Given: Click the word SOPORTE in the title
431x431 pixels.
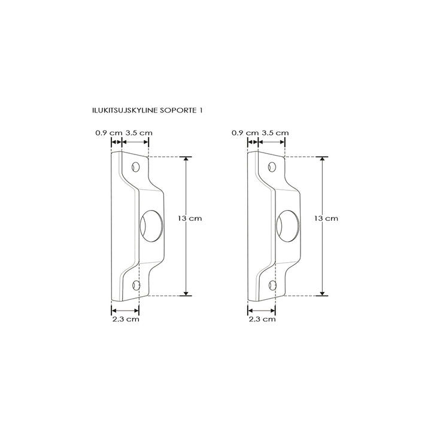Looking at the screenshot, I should (x=177, y=111).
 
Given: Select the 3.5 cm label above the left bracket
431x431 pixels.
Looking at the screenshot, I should (x=139, y=132).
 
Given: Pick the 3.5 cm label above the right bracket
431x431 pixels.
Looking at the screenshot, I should (x=275, y=132).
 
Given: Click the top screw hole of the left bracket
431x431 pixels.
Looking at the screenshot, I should (x=136, y=166).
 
